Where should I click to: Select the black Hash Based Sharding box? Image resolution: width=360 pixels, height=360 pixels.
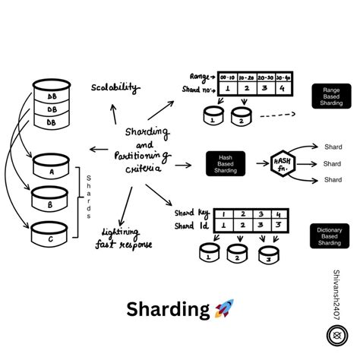coord(224,163)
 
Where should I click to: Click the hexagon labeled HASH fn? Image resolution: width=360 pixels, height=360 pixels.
coord(283,163)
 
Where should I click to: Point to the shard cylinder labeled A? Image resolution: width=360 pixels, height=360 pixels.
coord(51,169)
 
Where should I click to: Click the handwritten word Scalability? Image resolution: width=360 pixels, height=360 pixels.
coord(115,88)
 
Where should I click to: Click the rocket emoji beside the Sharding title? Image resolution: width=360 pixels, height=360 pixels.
coord(225,309)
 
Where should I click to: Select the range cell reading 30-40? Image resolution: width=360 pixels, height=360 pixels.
coord(283,77)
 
